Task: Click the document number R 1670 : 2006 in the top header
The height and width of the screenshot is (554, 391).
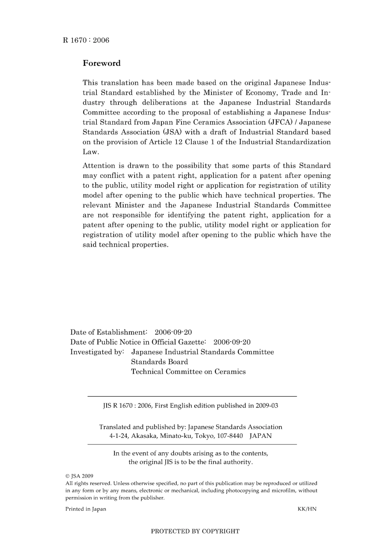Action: (86, 40)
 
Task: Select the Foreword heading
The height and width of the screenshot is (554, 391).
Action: (102, 63)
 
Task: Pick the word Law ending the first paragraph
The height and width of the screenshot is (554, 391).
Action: (91, 152)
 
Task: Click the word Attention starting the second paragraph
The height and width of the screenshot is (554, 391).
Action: (99, 166)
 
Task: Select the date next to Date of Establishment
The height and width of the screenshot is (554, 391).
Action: (173, 332)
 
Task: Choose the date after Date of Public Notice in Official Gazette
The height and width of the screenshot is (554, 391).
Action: (232, 342)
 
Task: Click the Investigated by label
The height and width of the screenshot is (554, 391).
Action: (97, 352)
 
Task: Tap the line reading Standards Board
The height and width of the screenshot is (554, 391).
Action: (159, 362)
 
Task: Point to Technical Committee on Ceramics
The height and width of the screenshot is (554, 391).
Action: (188, 372)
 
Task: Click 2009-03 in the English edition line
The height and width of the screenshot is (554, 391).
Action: (267, 406)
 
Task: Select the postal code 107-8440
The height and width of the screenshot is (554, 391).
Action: (228, 436)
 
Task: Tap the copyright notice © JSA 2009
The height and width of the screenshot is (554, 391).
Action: (79, 475)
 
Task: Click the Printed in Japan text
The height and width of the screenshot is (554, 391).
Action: (86, 509)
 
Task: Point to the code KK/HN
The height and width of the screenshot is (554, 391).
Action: (307, 509)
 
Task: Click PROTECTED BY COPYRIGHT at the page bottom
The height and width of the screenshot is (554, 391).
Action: (195, 531)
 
